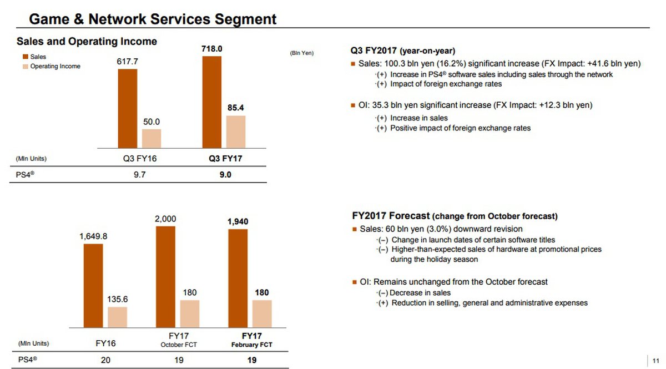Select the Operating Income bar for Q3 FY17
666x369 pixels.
tap(236, 132)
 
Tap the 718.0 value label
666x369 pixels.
tap(211, 49)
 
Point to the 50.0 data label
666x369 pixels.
tap(151, 122)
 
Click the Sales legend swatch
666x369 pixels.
tap(25, 57)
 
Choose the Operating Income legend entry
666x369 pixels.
tap(55, 67)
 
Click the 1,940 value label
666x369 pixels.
tap(238, 221)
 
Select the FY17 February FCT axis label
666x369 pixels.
tap(251, 340)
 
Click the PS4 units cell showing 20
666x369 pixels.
tap(105, 360)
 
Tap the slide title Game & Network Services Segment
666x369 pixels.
tap(153, 19)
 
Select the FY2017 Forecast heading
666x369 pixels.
tap(455, 216)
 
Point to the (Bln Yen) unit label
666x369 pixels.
tap(302, 53)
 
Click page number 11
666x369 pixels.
tap(655, 360)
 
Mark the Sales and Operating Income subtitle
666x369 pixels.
tap(87, 42)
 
